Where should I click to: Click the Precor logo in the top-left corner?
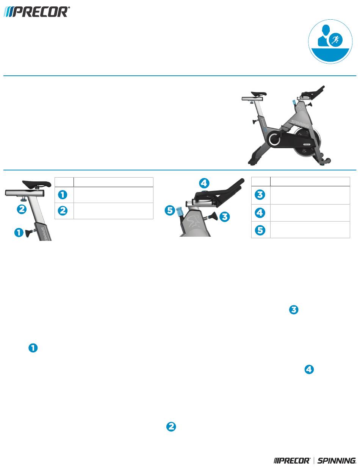click(x=36, y=12)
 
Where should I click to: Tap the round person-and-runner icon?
click(x=330, y=42)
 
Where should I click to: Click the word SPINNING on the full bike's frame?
click(x=300, y=123)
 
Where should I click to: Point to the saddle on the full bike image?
click(x=258, y=94)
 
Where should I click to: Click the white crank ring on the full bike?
click(x=274, y=139)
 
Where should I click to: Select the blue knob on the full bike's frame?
click(x=294, y=102)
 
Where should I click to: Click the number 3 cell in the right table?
click(x=261, y=195)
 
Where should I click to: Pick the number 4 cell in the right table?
click(x=261, y=213)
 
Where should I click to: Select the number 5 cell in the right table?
click(x=261, y=230)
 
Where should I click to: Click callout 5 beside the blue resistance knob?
click(x=170, y=210)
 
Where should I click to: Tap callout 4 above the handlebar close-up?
click(x=204, y=183)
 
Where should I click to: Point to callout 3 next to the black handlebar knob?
click(x=225, y=217)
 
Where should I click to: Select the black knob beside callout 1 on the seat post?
click(x=30, y=233)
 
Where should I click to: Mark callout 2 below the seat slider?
click(x=22, y=209)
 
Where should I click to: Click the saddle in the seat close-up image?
click(x=37, y=184)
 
